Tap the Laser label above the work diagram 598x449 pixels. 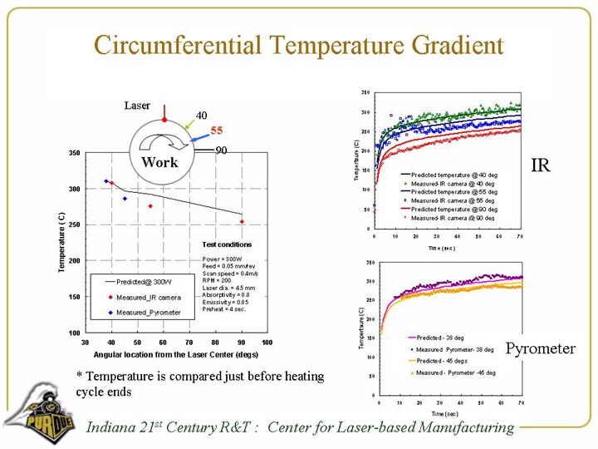point(137,106)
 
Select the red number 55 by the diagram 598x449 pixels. point(217,131)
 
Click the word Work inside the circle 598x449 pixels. point(159,162)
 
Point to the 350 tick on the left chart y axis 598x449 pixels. point(74,153)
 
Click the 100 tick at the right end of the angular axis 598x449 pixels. point(267,342)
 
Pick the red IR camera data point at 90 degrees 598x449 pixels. point(242,222)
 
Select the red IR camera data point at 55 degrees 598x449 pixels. point(150,206)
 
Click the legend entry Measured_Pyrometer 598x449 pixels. point(148,313)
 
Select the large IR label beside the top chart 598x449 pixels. point(541,165)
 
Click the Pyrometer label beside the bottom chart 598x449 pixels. point(541,348)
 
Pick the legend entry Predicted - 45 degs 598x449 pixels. point(442,361)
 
